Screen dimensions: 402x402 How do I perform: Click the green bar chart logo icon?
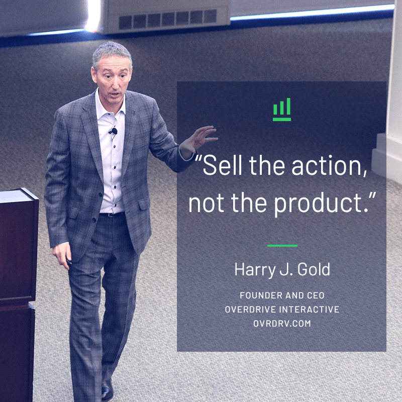(282, 110)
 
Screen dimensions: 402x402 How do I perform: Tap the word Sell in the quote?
(222, 166)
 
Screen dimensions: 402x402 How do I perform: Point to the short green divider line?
(282, 246)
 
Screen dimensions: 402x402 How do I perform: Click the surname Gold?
(314, 269)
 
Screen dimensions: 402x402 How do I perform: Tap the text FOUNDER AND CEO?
(282, 295)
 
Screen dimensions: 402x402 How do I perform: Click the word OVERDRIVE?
(250, 310)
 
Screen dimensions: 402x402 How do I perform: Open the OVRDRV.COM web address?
(282, 324)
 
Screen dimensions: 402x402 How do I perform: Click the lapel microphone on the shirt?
(113, 131)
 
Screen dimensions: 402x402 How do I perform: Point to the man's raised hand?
(198, 139)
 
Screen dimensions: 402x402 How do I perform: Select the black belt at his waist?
(112, 215)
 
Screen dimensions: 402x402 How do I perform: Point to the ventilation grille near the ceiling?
(168, 19)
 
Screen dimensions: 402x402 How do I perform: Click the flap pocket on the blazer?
(144, 205)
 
